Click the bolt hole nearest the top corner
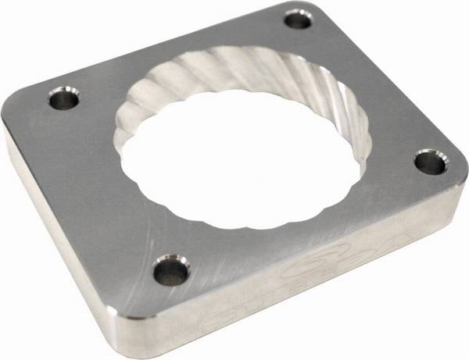click(298, 20)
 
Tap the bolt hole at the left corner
click(64, 98)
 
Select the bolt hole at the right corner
click(429, 162)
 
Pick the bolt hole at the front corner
click(170, 270)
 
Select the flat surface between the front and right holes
click(313, 234)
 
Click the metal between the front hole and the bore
click(188, 234)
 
